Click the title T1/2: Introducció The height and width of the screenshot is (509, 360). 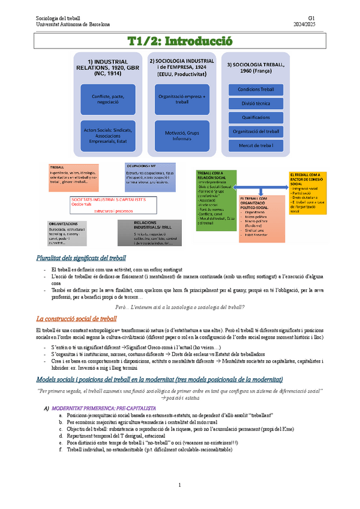click(179, 41)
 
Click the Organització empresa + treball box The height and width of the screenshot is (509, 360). click(182, 99)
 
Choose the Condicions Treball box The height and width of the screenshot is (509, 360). click(256, 89)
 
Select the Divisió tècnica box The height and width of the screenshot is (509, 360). click(256, 103)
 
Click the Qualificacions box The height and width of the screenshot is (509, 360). click(256, 118)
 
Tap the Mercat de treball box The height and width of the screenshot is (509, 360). click(256, 145)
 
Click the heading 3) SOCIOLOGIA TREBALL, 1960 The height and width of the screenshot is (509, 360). click(256, 68)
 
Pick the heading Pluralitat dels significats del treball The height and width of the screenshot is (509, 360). click(80, 258)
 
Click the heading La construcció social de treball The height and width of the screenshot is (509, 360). click(76, 318)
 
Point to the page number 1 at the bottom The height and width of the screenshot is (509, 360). click(179, 485)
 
